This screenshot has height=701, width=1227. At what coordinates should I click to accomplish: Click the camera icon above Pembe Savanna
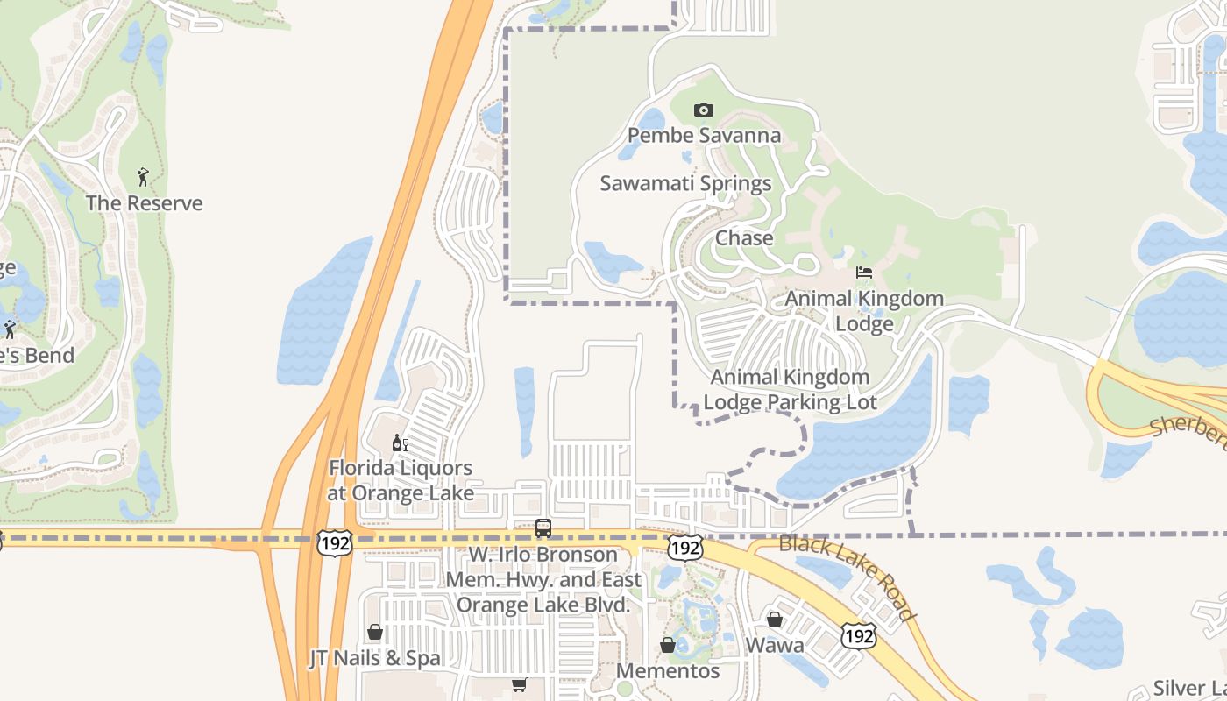tap(703, 110)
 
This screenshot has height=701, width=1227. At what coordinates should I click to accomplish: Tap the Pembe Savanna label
tap(704, 136)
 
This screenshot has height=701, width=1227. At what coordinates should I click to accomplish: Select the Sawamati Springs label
tap(685, 183)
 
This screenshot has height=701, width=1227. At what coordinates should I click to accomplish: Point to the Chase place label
tap(744, 238)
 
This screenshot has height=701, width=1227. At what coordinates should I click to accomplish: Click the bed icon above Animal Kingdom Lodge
tap(864, 273)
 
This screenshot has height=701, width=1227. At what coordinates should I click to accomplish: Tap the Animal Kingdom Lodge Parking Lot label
tap(790, 390)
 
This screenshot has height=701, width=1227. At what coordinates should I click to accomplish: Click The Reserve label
tap(144, 203)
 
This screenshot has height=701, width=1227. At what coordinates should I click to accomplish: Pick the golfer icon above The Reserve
tap(143, 177)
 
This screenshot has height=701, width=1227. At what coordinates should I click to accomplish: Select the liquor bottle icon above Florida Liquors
tap(400, 443)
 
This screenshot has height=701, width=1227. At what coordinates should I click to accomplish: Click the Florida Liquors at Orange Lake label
tap(401, 480)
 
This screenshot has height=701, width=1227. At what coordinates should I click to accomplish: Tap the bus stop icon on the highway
tap(543, 528)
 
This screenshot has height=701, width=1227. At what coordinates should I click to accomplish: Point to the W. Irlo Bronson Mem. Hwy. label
tap(543, 579)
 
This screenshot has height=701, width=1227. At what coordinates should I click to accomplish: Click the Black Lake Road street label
tap(848, 577)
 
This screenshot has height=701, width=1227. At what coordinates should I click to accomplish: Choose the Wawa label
tap(775, 646)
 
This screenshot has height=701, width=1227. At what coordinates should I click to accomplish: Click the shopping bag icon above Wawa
tap(775, 620)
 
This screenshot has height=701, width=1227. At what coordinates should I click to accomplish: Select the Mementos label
tap(668, 671)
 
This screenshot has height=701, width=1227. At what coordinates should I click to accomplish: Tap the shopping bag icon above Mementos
tap(668, 646)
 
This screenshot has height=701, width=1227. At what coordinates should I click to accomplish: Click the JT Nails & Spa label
tap(374, 659)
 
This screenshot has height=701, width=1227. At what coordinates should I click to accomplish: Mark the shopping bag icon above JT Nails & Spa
tap(375, 632)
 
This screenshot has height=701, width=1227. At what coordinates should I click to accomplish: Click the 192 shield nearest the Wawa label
tap(857, 636)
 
